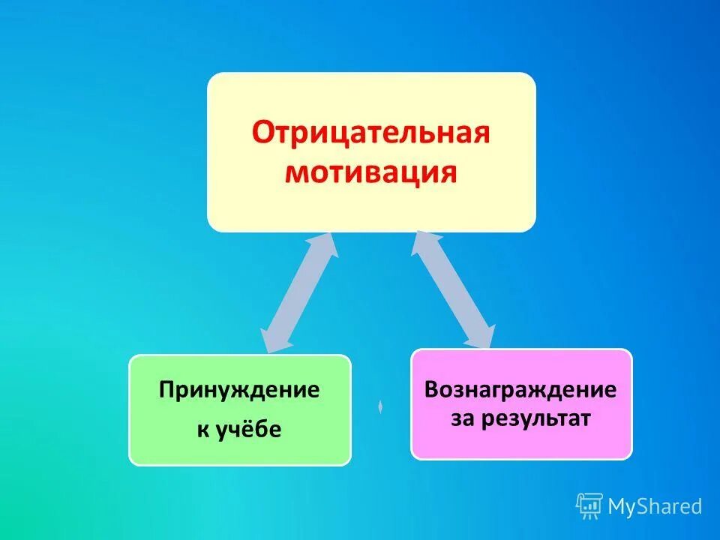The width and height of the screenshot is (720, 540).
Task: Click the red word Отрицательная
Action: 370,133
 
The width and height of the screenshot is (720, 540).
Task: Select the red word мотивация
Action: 372,172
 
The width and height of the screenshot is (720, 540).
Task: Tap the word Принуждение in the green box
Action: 238,390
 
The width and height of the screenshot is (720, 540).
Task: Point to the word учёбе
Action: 250,430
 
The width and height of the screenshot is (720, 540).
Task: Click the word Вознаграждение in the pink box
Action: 520,389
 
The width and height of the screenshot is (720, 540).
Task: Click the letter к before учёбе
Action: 202,430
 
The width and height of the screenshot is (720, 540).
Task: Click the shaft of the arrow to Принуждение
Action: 298,292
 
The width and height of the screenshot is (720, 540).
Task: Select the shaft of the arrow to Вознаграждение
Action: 454,289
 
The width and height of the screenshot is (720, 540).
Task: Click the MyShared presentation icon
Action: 589,506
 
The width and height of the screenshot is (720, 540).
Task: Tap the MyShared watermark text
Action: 655,507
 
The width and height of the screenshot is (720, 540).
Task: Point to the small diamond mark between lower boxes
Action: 380,406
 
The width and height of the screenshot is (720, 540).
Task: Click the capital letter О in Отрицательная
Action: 262,134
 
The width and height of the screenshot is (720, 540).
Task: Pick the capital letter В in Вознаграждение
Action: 431,389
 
